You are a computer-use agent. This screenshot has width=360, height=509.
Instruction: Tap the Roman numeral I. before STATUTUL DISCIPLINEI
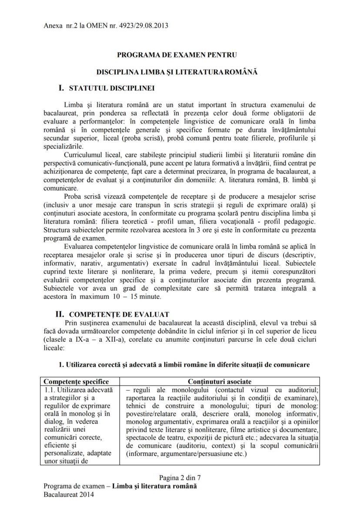[x=61, y=88]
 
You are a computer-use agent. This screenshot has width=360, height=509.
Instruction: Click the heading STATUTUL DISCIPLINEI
[x=112, y=88]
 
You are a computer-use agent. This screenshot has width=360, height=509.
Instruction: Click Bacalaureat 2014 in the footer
[x=68, y=494]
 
